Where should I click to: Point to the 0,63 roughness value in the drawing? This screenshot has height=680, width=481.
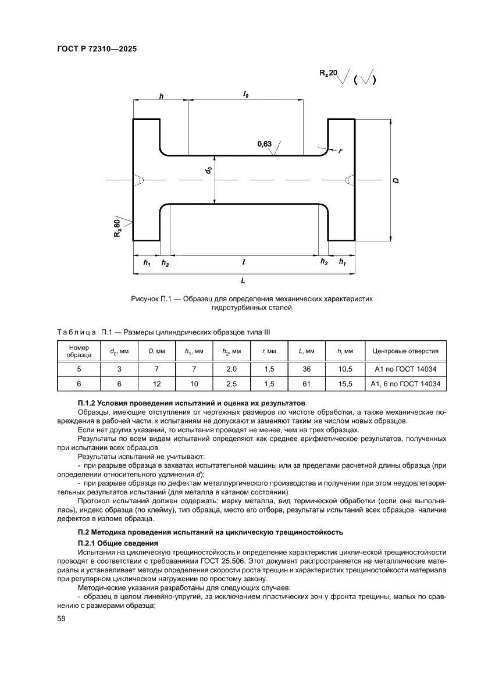tap(265, 144)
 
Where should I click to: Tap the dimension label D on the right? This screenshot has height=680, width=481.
tap(396, 180)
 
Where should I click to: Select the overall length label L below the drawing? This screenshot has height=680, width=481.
tap(243, 280)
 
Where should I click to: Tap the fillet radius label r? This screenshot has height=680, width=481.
tap(340, 151)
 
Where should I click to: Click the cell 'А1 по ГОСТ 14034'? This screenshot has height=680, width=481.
tap(404, 368)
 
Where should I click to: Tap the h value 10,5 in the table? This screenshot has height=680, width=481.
tap(346, 368)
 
